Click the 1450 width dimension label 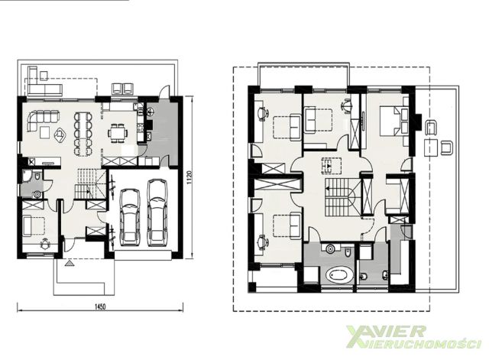pyautogui.click(x=100, y=306)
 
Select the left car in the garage pyautogui.click(x=131, y=217)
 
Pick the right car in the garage pyautogui.click(x=157, y=212)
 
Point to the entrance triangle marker pyautogui.click(x=70, y=264)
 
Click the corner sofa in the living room pyautogui.click(x=43, y=120)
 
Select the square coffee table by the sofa pyautogui.click(x=44, y=132)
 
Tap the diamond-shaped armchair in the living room pyautogui.click(x=60, y=136)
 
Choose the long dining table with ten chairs pyautogui.click(x=83, y=134)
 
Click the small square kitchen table pyautogui.click(x=118, y=134)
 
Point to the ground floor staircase pyautogui.click(x=89, y=183)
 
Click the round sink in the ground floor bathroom pyautogui.click(x=37, y=194)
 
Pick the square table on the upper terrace pyautogui.click(x=430, y=148)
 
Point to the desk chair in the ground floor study pyautogui.click(x=46, y=243)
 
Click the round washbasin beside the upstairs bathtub pyautogui.click(x=330, y=249)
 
